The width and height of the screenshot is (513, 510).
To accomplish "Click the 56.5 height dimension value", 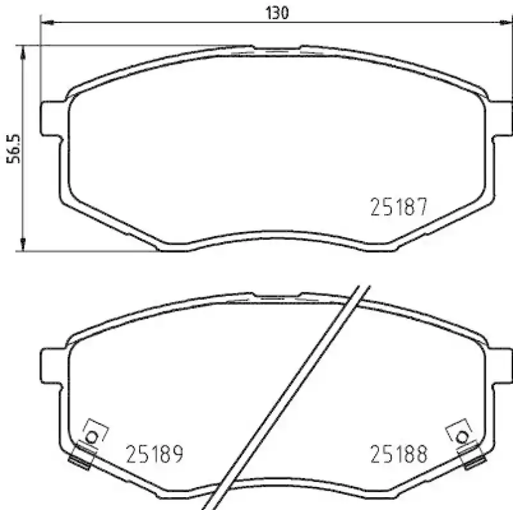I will pyautogui.click(x=13, y=149).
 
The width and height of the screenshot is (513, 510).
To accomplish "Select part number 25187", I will pyautogui.click(x=398, y=207).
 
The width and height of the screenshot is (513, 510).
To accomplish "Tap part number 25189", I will pyautogui.click(x=154, y=454).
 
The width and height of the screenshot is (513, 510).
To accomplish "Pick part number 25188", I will pyautogui.click(x=398, y=454).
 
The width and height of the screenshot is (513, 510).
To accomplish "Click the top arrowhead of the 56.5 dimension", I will pyautogui.click(x=24, y=50).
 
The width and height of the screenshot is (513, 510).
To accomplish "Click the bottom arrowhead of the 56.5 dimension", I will pyautogui.click(x=24, y=246).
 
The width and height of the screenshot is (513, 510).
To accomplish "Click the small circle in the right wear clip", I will pyautogui.click(x=461, y=437).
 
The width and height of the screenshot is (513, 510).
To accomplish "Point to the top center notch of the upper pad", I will pyautogui.click(x=276, y=49).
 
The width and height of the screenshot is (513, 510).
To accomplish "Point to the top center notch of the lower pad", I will pyautogui.click(x=276, y=295).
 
